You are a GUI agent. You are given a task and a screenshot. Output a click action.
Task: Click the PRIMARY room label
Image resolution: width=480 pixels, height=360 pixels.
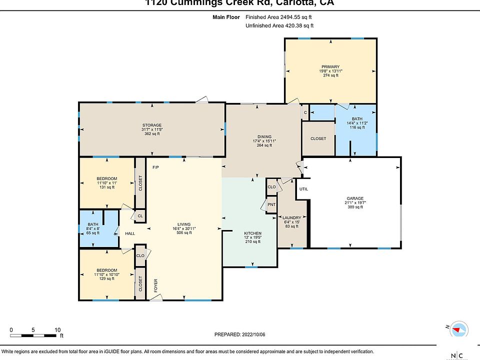(330, 66)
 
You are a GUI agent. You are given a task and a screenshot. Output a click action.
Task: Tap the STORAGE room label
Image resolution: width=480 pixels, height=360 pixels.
(151, 125)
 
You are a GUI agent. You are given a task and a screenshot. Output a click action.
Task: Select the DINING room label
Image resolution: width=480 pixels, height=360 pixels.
(264, 136)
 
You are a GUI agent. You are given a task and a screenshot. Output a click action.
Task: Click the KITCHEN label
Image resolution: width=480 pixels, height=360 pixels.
(252, 233)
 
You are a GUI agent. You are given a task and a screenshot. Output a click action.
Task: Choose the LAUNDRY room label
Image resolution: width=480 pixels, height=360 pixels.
(291, 217)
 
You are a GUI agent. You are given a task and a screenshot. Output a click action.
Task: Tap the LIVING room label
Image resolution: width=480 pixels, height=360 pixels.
(184, 224)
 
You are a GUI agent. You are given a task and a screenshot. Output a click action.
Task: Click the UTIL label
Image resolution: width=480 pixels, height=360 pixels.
(303, 189)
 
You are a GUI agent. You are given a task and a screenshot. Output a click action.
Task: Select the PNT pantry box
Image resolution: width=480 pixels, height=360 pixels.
(271, 204)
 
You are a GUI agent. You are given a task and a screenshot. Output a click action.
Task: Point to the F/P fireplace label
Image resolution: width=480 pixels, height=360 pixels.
(155, 166)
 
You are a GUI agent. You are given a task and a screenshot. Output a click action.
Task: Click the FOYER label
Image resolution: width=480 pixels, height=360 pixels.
(155, 284)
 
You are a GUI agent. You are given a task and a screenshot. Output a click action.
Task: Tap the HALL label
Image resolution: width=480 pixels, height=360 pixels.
(130, 233)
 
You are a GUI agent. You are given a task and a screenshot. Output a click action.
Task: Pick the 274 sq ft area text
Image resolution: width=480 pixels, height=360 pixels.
(330, 76)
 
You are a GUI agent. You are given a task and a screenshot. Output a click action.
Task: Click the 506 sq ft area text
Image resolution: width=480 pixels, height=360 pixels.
(184, 232)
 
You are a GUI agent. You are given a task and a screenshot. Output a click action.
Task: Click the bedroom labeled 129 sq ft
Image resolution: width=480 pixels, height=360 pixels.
(106, 274)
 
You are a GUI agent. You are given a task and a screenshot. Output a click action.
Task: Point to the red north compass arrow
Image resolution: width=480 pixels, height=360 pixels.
(457, 330)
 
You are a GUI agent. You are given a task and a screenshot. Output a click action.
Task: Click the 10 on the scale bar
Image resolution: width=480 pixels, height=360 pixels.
(57, 330)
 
